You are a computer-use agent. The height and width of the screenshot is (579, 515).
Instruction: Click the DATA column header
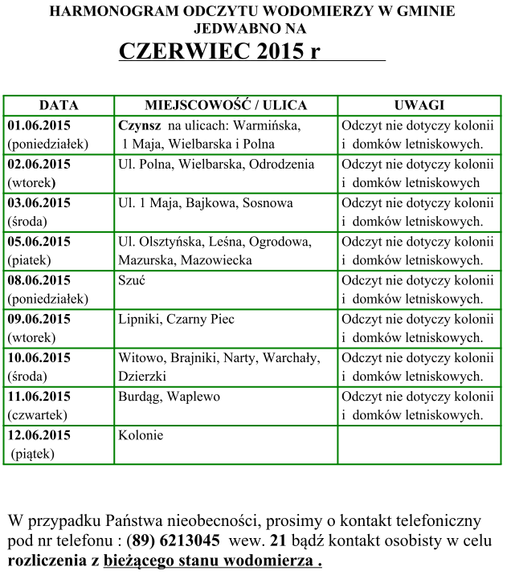point(59,105)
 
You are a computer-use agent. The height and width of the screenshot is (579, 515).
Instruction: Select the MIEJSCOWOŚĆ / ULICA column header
point(226,105)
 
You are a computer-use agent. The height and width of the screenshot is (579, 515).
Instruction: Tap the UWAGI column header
point(419,105)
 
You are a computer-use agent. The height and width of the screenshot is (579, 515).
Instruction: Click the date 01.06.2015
point(39,125)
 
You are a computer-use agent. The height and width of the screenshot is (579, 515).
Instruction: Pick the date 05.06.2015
point(39,242)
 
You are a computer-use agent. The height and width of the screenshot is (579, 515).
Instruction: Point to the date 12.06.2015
point(39,435)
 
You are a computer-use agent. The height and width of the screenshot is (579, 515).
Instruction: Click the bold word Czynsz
point(140,126)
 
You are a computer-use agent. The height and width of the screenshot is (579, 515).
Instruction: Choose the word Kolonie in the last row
point(141,435)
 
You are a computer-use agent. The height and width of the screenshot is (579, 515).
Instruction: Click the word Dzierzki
point(142,376)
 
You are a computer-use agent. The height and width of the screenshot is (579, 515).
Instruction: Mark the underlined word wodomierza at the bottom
point(270,560)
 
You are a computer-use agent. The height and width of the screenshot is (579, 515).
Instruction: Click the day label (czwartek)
point(38,415)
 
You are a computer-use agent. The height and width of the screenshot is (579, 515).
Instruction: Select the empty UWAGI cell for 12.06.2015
point(419,444)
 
